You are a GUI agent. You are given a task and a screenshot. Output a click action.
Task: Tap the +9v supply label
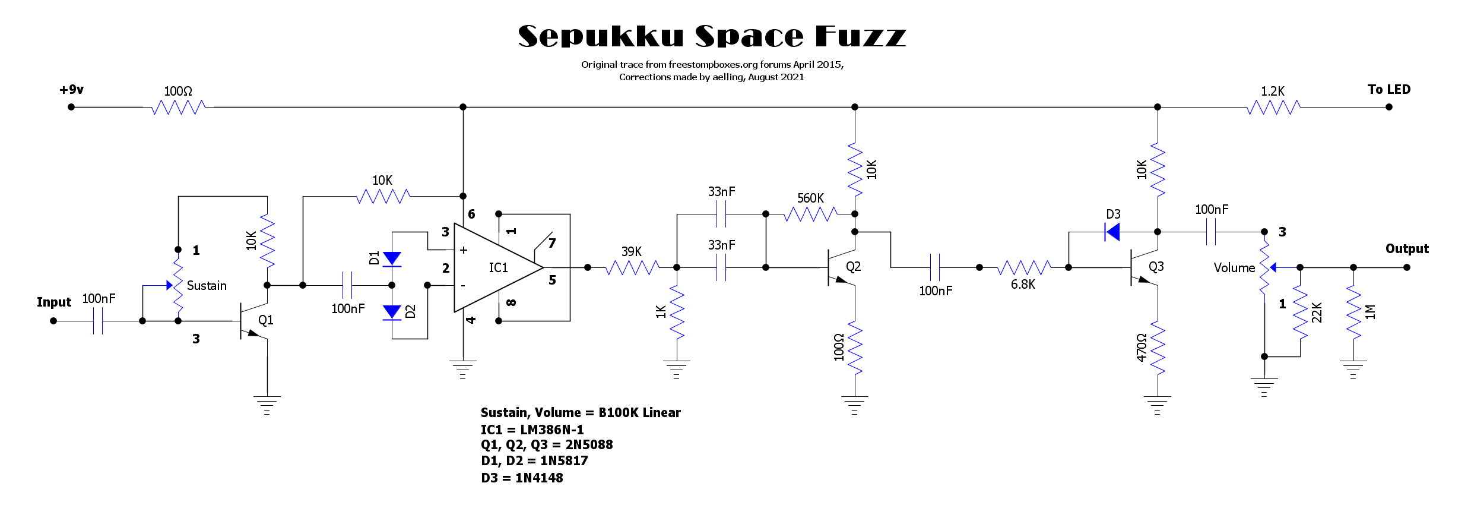(x=71, y=90)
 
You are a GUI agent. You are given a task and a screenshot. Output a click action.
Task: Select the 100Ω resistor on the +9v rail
(x=178, y=107)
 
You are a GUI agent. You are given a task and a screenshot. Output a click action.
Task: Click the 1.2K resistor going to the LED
(x=1273, y=107)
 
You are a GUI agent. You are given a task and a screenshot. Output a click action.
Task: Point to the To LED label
(x=1388, y=90)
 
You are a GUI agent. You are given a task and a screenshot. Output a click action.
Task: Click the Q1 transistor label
(x=265, y=320)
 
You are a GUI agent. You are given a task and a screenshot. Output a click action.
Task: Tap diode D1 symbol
(x=392, y=258)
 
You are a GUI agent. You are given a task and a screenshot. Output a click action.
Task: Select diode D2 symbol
(x=392, y=312)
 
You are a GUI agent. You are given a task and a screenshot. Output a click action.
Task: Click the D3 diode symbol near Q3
(x=1112, y=232)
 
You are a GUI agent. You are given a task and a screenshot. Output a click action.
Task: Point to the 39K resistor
(x=632, y=267)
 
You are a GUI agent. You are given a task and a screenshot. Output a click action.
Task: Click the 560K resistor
(x=810, y=214)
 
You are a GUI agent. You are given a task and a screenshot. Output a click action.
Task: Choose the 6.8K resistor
(x=1024, y=267)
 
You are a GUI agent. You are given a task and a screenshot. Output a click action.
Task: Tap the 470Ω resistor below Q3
(x=1158, y=348)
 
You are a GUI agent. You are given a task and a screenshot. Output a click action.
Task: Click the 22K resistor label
(x=1316, y=313)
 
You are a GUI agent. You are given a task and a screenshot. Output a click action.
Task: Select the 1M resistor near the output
(x=1353, y=313)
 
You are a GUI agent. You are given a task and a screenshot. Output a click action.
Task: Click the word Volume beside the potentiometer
(x=1234, y=268)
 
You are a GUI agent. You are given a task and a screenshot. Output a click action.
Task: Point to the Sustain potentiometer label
(x=207, y=286)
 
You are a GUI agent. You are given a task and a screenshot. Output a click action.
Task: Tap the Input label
(x=54, y=302)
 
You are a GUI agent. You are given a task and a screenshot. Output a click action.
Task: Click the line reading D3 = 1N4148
(x=522, y=478)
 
